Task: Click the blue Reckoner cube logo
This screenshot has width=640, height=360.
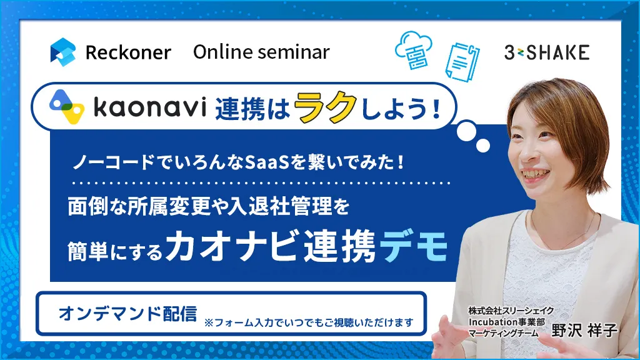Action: click(63, 52)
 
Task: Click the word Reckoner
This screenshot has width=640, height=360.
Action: click(128, 52)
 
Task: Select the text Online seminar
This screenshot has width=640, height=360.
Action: click(261, 52)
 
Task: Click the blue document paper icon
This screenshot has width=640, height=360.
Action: click(462, 62)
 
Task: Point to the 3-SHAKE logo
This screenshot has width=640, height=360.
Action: click(547, 52)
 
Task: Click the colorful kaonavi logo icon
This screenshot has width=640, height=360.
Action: click(66, 106)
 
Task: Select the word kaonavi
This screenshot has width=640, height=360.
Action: click(150, 107)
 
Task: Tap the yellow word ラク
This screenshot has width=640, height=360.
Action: click(324, 106)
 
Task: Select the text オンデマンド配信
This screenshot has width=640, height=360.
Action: click(127, 314)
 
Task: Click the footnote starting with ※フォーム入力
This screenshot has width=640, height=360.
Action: click(309, 322)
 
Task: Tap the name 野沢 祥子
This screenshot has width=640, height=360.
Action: click(584, 330)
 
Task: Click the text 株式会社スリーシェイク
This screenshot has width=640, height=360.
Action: click(511, 311)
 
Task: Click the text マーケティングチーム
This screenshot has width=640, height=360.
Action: click(503, 333)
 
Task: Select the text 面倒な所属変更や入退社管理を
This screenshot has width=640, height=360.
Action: click(208, 206)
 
